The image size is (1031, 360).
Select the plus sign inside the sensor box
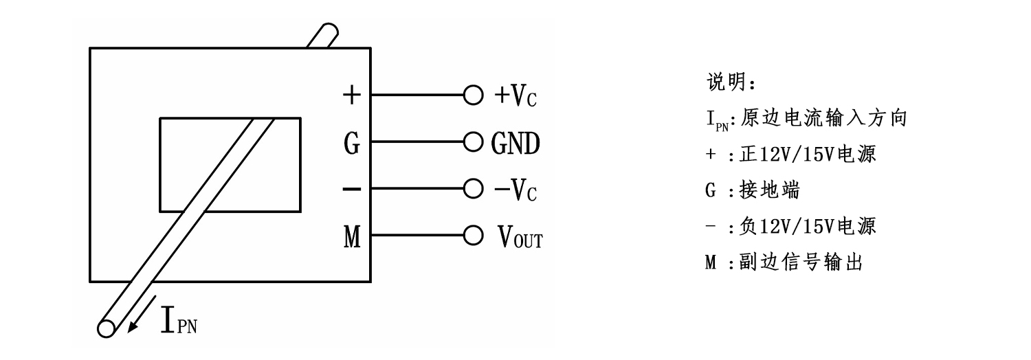[351, 95]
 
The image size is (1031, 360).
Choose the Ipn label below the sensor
[180, 322]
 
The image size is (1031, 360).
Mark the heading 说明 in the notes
[724, 83]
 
